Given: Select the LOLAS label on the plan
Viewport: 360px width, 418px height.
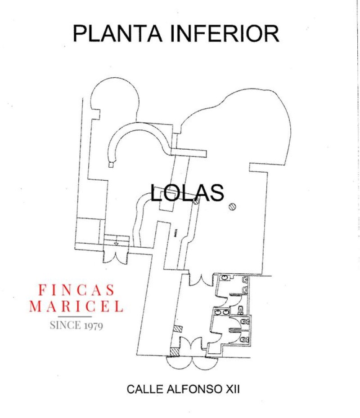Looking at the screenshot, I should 187,193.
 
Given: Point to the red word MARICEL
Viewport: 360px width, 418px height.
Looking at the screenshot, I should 76,307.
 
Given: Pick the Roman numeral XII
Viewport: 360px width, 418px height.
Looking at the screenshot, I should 231,389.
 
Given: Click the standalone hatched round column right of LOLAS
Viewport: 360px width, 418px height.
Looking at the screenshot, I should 233,206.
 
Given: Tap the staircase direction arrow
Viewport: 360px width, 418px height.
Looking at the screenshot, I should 116,243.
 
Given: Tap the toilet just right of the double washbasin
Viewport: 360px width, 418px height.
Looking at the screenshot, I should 241,309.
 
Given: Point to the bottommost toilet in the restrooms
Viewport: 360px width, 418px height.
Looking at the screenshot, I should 244,338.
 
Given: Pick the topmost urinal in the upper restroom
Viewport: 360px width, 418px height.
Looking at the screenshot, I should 245,280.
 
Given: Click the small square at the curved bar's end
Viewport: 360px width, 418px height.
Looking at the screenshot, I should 111,165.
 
